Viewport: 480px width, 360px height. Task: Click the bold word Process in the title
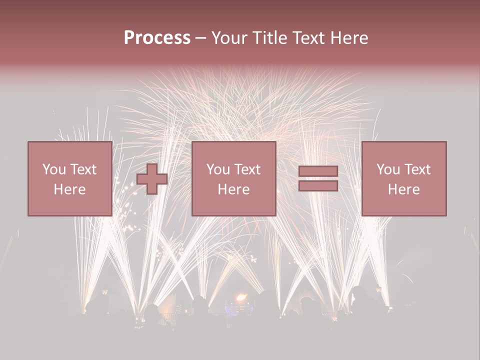pos(157,38)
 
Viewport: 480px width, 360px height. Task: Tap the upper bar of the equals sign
pos(318,171)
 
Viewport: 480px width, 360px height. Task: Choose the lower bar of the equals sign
pos(318,186)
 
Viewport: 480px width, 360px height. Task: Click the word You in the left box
pos(53,169)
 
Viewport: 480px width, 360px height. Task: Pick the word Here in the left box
pos(69,189)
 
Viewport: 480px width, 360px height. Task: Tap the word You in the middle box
pos(218,169)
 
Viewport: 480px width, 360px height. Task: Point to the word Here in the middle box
pos(233,189)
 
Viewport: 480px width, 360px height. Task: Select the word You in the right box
pos(388,169)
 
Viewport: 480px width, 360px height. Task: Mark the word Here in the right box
pos(403,189)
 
